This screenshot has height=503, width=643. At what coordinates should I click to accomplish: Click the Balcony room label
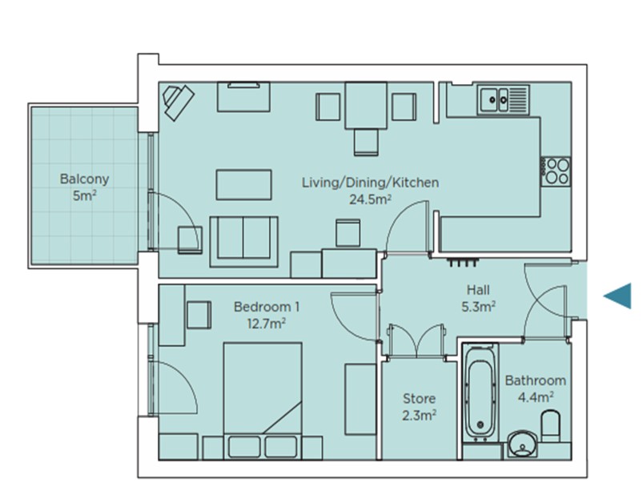coord(84,179)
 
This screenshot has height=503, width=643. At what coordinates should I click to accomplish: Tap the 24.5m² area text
coord(370,199)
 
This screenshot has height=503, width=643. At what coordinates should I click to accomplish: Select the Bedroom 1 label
coord(267,307)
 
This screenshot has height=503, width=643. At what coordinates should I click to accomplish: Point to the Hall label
coord(478,290)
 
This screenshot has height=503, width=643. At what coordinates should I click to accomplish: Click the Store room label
coord(419,398)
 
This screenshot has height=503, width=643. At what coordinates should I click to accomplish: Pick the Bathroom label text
coord(535,380)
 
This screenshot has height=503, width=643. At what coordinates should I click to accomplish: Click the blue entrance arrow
coord(617,296)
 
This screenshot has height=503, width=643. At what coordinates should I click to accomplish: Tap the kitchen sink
coord(503,99)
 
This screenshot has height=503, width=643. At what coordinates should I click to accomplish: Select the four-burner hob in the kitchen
coord(556,171)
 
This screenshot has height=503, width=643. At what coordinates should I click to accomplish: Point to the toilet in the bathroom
coord(551,425)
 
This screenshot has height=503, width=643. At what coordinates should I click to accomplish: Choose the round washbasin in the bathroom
coord(522,444)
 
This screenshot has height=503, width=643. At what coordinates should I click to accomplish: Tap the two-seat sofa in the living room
coord(244,242)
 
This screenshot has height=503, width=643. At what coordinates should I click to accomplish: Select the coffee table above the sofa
coord(244,185)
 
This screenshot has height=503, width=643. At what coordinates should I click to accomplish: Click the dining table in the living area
coord(366,106)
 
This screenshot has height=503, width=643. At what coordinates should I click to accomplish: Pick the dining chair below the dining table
coord(366,142)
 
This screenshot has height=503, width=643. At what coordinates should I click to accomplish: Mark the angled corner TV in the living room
coord(178,102)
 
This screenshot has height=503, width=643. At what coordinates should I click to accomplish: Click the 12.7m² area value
coord(267,324)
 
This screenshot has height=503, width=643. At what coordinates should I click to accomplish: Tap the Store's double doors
coord(416,341)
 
